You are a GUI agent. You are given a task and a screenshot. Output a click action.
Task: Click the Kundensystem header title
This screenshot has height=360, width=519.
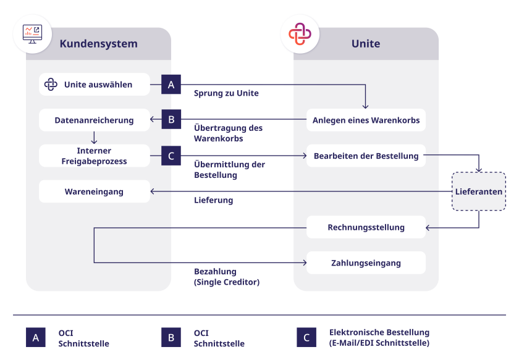[x=99, y=44]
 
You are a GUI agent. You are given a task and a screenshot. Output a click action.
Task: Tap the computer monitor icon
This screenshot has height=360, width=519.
[x=32, y=34]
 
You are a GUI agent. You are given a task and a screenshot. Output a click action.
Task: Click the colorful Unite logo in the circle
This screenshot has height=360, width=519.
[x=300, y=34]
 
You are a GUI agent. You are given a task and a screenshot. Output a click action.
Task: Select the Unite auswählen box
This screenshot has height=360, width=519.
[x=95, y=85]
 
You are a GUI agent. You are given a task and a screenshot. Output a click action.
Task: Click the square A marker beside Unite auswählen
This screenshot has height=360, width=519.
[x=171, y=85]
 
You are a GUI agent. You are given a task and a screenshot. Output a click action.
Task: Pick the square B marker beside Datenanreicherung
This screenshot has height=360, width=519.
[x=171, y=119]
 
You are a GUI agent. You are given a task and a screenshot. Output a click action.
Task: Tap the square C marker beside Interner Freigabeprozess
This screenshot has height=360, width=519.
[x=171, y=156]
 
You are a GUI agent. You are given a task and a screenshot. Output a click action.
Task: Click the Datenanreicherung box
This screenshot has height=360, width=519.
[x=95, y=120]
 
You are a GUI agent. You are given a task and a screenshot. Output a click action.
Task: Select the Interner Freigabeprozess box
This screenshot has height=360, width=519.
[x=95, y=156]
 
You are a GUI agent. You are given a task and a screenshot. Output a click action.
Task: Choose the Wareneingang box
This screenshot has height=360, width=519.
[x=95, y=191]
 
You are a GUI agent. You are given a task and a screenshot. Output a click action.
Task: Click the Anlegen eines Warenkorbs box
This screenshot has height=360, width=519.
[x=366, y=120]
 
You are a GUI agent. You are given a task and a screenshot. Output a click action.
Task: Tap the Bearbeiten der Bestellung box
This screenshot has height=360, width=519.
[x=366, y=156]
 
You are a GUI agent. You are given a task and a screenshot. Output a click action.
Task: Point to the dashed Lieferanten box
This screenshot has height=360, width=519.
[x=479, y=191]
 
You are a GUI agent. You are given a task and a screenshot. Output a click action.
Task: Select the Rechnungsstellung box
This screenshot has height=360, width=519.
[x=366, y=227]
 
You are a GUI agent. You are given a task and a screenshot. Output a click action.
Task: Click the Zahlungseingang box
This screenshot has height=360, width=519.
[x=366, y=263]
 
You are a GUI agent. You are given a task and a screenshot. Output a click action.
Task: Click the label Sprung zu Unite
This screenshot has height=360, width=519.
[x=226, y=93]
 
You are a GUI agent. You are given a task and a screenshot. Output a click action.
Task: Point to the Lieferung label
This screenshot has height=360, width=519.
[x=214, y=201]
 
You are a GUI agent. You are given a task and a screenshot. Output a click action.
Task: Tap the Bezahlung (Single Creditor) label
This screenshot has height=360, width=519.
[x=227, y=277]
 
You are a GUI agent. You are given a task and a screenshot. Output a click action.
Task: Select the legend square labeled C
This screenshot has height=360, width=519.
[x=306, y=338]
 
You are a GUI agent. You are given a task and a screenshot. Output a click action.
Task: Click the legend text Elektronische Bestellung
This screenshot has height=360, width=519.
[x=379, y=332]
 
